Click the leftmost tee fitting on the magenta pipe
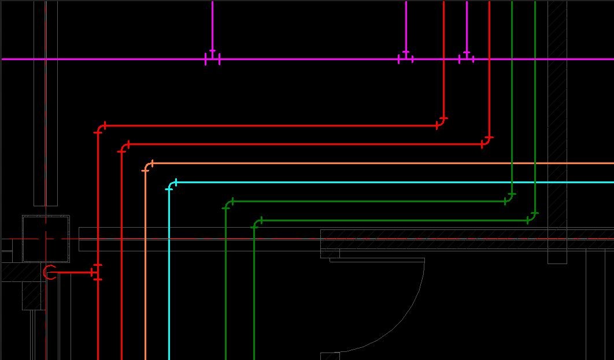212,58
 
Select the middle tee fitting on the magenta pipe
406,58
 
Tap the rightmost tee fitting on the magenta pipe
467,58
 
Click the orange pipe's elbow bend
147,166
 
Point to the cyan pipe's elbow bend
171,185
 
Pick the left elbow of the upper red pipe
100,128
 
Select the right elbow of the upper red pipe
442,122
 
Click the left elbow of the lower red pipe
124,147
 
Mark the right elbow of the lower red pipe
487,141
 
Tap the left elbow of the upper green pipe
228,204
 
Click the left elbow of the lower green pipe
257,223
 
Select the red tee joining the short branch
97,272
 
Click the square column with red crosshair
46,238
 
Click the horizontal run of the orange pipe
376,164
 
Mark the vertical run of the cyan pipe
169,277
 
